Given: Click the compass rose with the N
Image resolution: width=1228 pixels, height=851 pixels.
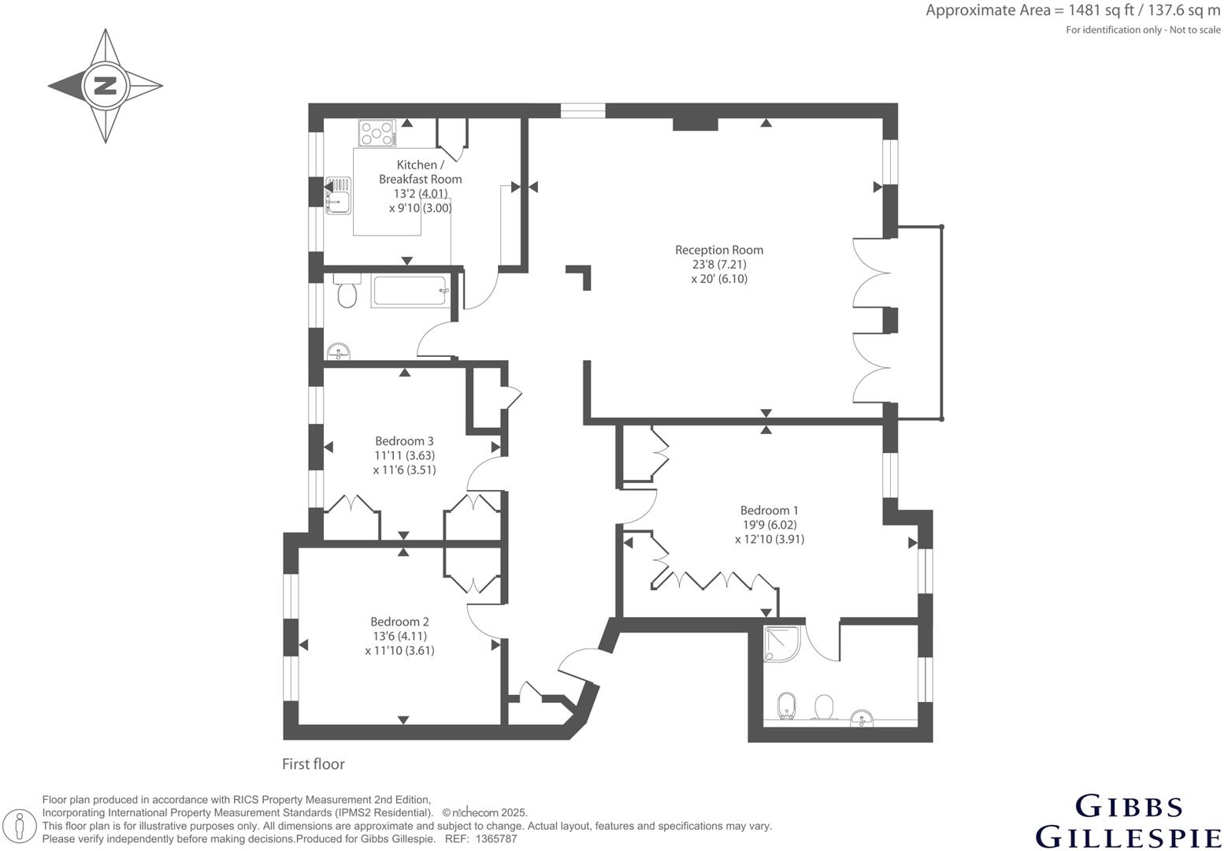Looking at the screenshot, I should [105, 86].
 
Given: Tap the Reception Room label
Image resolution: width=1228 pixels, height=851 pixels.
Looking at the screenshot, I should [718, 250].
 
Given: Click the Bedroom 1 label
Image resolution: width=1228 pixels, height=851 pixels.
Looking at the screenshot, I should [769, 510].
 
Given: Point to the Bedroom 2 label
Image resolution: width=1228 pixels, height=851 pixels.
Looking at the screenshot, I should [399, 622].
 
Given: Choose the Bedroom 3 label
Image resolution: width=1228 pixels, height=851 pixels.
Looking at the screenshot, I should [404, 440].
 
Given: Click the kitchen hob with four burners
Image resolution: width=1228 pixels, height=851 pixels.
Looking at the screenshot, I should [377, 132].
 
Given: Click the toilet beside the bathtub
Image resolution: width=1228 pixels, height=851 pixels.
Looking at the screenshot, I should [346, 293].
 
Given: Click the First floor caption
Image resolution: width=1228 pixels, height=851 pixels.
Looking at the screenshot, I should [313, 764].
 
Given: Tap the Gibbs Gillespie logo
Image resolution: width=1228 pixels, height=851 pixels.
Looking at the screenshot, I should [1128, 821].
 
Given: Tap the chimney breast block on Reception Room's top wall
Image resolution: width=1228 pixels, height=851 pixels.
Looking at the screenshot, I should [695, 124].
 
